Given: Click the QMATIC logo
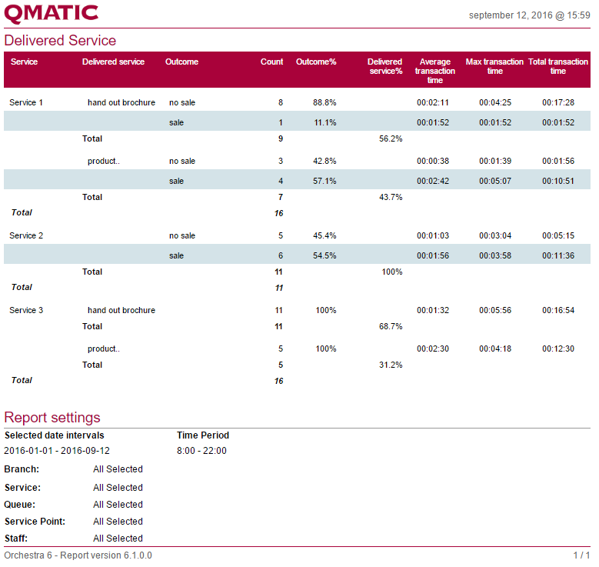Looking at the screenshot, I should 52,13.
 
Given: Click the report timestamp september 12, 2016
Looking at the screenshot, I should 529,15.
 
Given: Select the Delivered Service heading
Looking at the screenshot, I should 60,41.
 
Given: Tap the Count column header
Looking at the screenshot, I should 271,62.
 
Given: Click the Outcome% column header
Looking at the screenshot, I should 316,62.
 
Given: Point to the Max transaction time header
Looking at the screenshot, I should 494,66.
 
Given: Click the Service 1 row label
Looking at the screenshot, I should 26,102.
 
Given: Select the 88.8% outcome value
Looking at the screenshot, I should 324,102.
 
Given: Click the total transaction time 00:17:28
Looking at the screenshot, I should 558,102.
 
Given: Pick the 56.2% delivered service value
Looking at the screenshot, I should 391,139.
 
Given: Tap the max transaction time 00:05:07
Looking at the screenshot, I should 495,181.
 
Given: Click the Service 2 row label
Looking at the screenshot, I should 26,235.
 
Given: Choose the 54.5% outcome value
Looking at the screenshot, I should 324,255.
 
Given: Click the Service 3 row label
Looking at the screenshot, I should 26,310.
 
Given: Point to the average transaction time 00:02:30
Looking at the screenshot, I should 432,349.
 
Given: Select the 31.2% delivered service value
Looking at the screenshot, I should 391,365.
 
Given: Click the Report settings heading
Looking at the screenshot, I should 52,418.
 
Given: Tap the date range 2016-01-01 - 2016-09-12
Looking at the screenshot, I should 57,451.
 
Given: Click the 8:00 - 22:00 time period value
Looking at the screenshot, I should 201,451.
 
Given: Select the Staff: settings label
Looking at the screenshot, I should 17,539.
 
